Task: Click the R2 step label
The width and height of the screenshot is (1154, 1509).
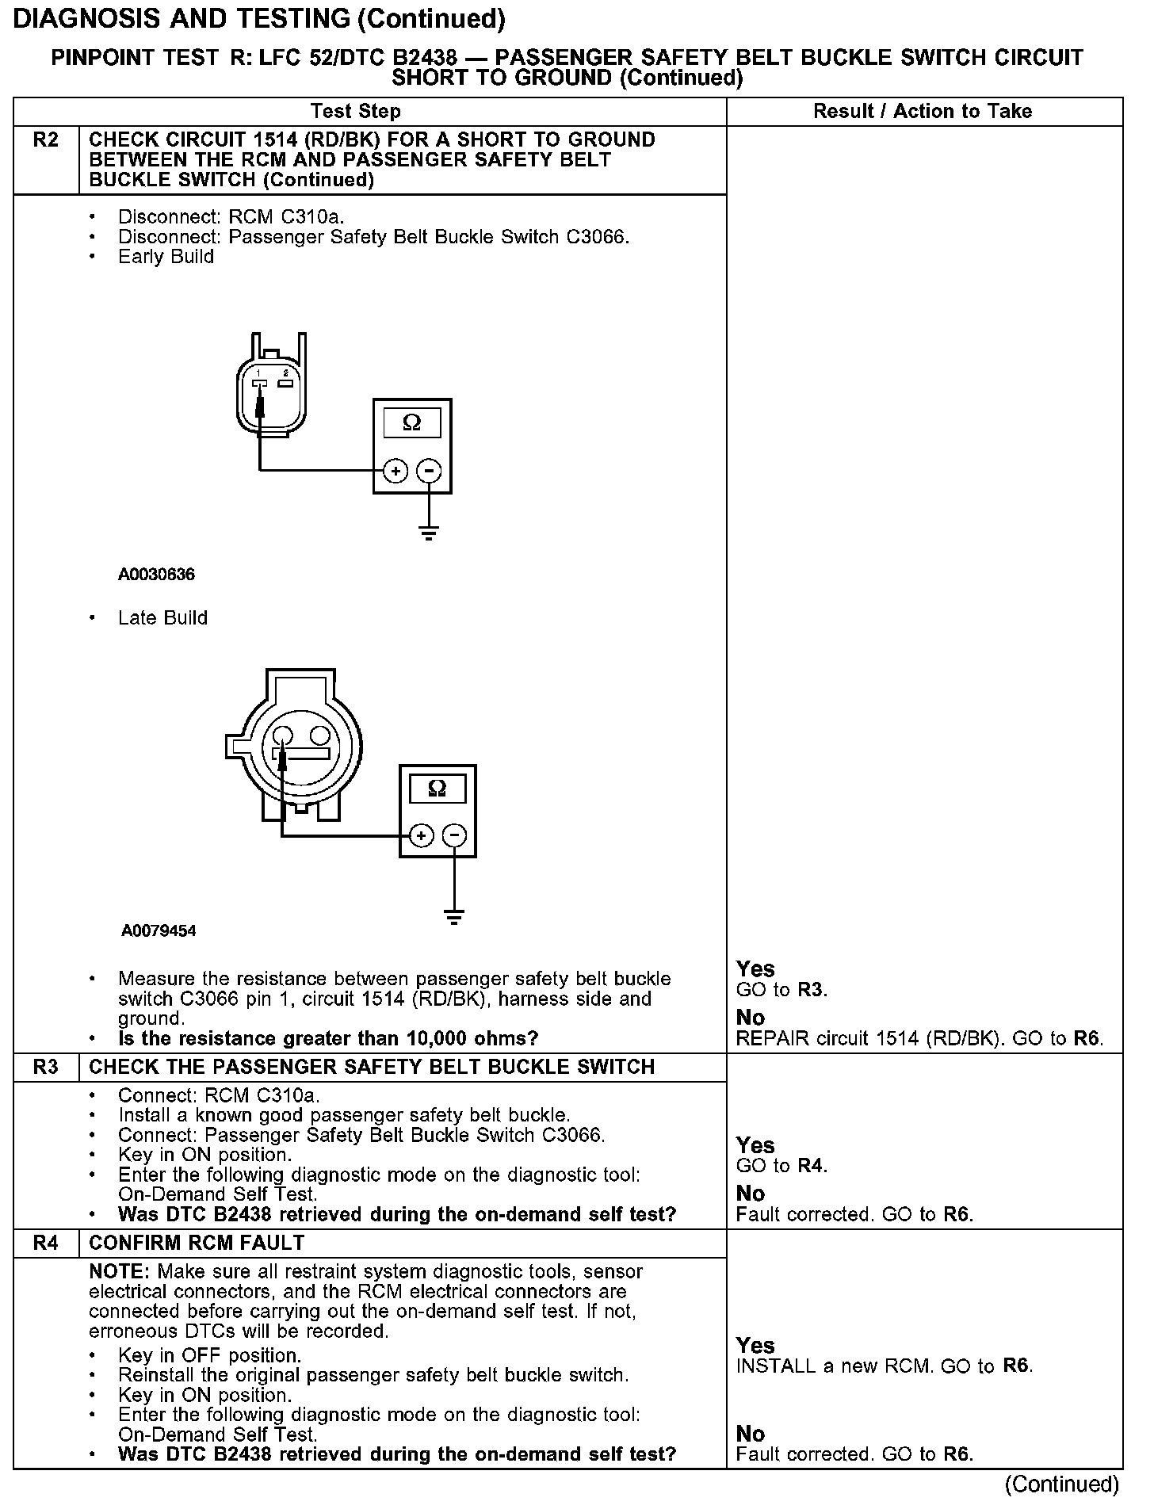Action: pos(46,140)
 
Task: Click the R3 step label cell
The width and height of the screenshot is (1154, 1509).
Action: pos(46,1067)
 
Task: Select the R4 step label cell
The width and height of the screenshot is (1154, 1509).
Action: pos(46,1243)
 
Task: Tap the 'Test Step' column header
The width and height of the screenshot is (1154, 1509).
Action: pos(356,111)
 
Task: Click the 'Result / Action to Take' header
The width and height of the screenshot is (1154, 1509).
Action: pos(923,111)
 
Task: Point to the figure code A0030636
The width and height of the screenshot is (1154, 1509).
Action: pos(157,575)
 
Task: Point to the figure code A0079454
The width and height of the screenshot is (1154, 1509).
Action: pos(159,930)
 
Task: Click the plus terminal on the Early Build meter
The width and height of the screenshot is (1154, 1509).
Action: pos(395,472)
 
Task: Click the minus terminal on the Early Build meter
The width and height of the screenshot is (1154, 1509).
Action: pos(429,472)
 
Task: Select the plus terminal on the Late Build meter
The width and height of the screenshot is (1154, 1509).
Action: pos(421,835)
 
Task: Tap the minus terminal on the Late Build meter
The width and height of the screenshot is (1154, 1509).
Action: pos(454,835)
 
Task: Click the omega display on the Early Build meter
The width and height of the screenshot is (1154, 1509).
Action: pos(412,423)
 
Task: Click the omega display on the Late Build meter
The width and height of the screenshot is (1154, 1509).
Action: pos(437,789)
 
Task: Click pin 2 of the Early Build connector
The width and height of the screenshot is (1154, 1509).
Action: pos(285,383)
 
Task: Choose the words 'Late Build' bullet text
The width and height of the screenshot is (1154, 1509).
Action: pos(162,618)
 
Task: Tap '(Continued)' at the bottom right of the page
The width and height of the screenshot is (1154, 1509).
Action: pos(1061,1484)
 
